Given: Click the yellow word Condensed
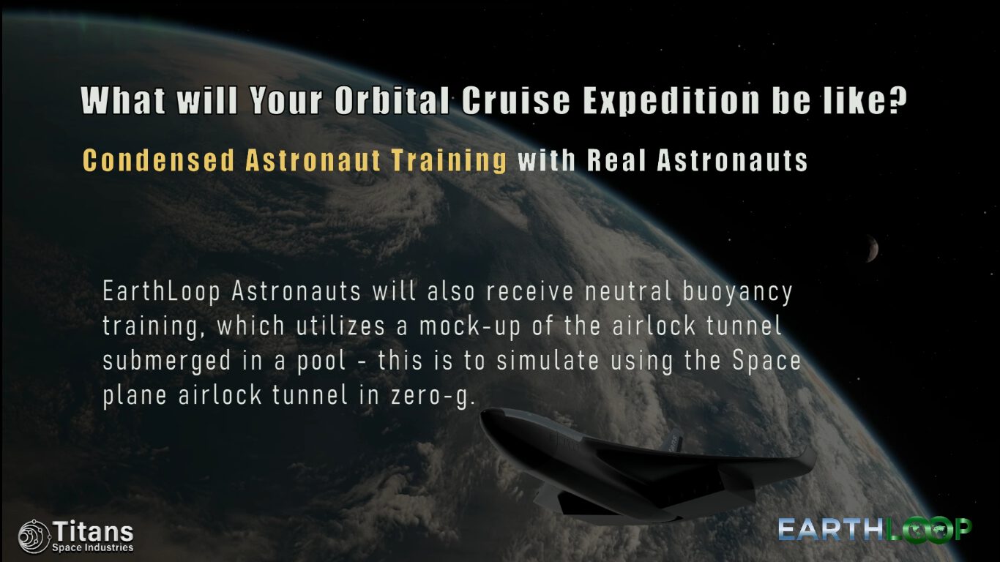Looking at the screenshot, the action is coord(158,160).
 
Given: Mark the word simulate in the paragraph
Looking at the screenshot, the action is coord(548,361).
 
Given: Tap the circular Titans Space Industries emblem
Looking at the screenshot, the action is coord(34,537).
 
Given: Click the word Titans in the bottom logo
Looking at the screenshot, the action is coord(93,531).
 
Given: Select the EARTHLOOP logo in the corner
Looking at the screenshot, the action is coord(875,530).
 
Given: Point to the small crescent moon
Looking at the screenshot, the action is coord(873,248).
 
